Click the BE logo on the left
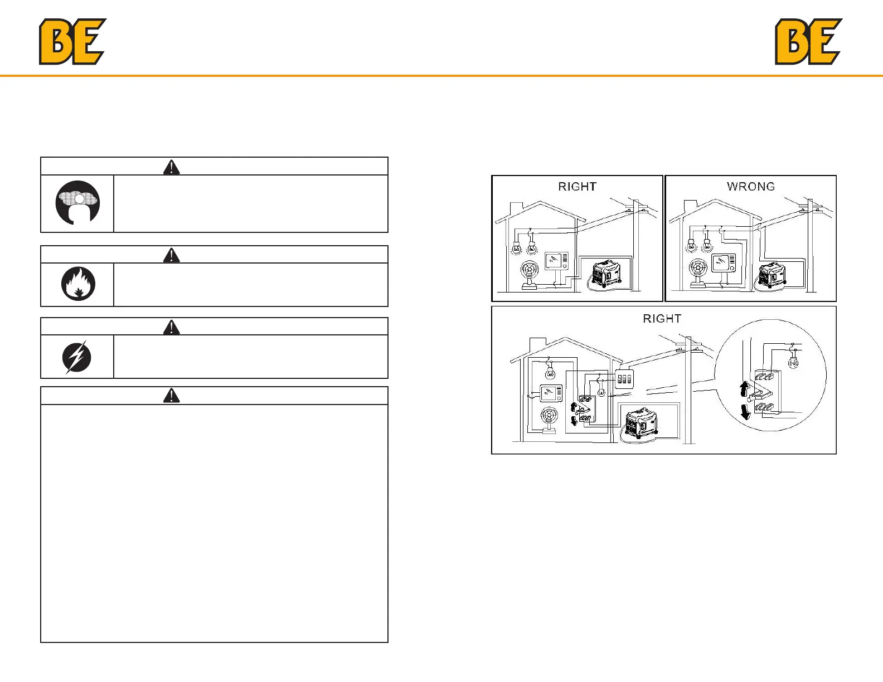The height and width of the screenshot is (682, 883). click(x=72, y=42)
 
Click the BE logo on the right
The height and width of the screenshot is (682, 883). click(x=808, y=42)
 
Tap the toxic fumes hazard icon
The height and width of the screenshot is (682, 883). click(x=77, y=203)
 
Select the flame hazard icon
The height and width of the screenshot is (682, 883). click(x=78, y=284)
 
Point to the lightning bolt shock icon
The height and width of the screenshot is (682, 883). click(x=77, y=357)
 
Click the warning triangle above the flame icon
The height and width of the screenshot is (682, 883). click(x=171, y=255)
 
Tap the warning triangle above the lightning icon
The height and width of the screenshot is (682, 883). click(x=171, y=327)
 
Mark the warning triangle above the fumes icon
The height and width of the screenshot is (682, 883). click(x=171, y=167)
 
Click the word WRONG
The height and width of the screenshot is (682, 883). click(x=750, y=187)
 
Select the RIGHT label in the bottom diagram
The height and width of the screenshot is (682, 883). click(x=662, y=319)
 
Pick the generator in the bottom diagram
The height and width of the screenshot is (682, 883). click(x=642, y=423)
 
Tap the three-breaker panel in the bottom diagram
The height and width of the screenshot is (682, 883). click(x=624, y=379)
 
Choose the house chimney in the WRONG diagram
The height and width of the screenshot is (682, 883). click(x=690, y=207)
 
